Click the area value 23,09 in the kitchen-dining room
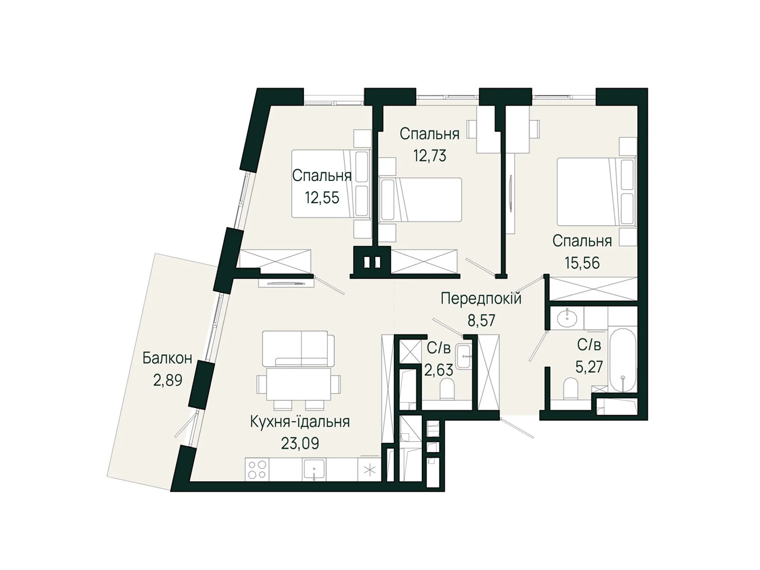[x=300, y=443]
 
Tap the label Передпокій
[x=481, y=298]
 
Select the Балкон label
[x=167, y=358]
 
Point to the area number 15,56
[x=582, y=263]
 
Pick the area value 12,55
[x=322, y=198]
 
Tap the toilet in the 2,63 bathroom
[x=446, y=389]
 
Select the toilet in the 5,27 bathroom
[x=571, y=389]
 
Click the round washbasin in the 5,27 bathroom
[x=567, y=317]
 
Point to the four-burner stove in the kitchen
[x=257, y=469]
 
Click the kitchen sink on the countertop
[x=313, y=470]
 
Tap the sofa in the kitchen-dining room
[x=298, y=349]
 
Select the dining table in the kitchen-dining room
[x=298, y=384]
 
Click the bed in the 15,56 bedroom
[x=597, y=191]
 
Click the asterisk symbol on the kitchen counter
[x=370, y=470]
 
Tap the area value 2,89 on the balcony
[x=168, y=380]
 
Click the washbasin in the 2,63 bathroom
[x=464, y=356]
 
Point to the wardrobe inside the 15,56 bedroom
[x=593, y=289]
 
